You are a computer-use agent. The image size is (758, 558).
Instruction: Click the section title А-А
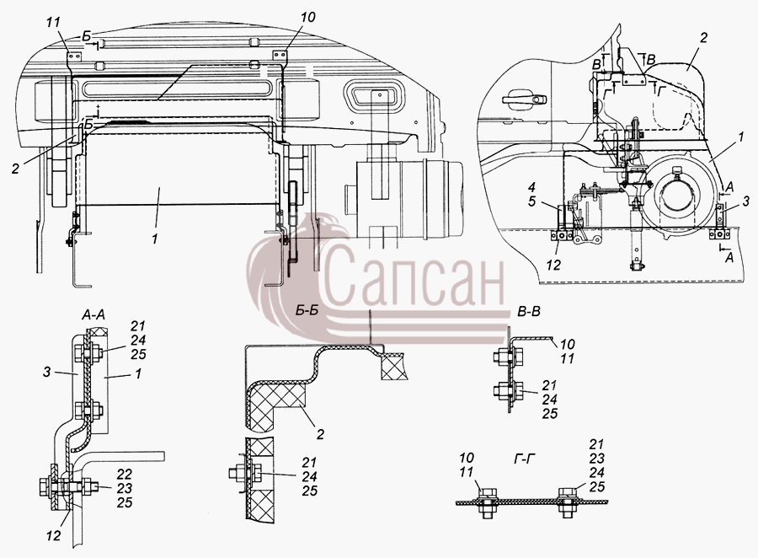point(93,315)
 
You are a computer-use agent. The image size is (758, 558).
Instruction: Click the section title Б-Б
point(307,310)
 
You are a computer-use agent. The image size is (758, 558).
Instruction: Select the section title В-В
point(528,312)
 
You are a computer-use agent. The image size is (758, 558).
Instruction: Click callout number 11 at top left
point(55,22)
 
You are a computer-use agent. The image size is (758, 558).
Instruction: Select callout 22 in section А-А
point(125,475)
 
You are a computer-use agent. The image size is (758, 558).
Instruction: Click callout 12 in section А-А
point(54,536)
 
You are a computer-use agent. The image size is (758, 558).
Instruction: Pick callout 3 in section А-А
point(46,373)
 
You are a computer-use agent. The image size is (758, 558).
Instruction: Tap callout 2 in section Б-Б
point(320,434)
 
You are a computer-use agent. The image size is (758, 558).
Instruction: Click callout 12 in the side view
point(553,265)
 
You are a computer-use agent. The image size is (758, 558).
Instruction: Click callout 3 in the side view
point(746,201)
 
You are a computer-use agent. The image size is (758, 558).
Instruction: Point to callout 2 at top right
point(704,38)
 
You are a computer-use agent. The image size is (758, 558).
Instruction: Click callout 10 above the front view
point(307,17)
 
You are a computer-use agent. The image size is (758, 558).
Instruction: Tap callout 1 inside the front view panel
point(155,239)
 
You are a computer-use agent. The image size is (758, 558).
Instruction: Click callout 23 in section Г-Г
point(597,458)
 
